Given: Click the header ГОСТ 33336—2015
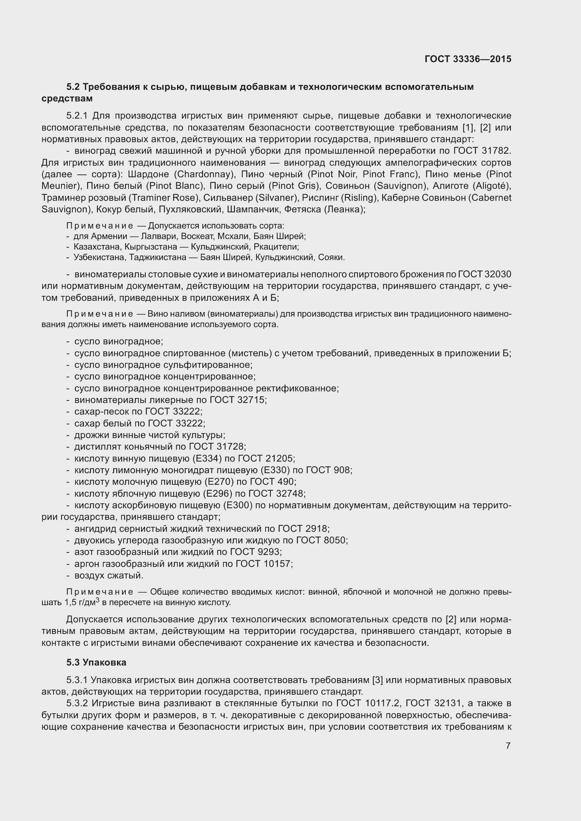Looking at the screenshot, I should [x=468, y=59].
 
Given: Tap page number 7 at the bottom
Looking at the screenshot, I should [x=508, y=746].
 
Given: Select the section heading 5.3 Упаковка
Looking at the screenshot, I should [x=96, y=662].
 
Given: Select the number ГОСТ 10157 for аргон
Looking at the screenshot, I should [x=264, y=564].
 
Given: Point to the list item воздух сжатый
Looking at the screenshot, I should [x=109, y=576].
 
